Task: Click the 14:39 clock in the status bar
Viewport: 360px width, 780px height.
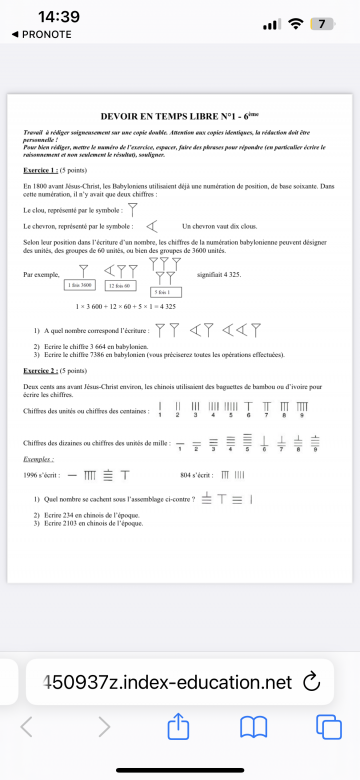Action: [58, 17]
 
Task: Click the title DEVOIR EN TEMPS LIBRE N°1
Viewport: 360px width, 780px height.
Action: [180, 116]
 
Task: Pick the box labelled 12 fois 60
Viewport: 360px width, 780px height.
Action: [119, 285]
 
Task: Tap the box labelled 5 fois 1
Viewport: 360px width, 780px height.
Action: [162, 291]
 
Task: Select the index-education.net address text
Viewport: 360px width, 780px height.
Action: [165, 682]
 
